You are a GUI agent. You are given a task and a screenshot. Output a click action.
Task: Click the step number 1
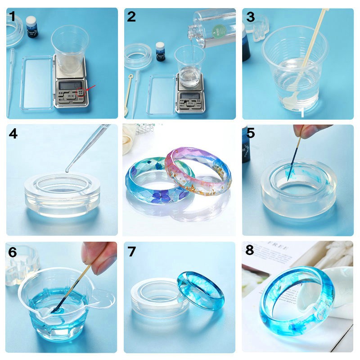13,18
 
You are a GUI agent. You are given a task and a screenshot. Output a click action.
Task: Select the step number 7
131,251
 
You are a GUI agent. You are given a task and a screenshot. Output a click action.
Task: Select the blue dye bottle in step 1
32,27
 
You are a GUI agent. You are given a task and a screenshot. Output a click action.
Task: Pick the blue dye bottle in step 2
160,51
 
